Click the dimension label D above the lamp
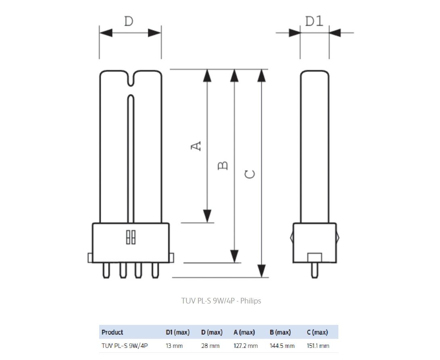tap(128, 21)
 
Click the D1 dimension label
tap(314, 21)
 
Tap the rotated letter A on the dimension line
tap(196, 146)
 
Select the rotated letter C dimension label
tap(250, 174)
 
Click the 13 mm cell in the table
tap(174, 346)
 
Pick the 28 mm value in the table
tap(210, 346)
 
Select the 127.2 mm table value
tap(245, 346)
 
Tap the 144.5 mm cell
tap(282, 346)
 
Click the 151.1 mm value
tap(318, 346)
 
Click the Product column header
tap(112, 332)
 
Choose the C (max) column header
tap(317, 332)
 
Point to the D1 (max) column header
tap(177, 332)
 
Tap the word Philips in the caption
tap(251, 301)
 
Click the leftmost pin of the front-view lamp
tap(106, 270)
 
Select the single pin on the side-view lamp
tap(314, 270)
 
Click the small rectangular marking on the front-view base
tap(130, 237)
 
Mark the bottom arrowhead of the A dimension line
tap(207, 216)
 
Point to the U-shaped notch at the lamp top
tap(130, 79)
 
